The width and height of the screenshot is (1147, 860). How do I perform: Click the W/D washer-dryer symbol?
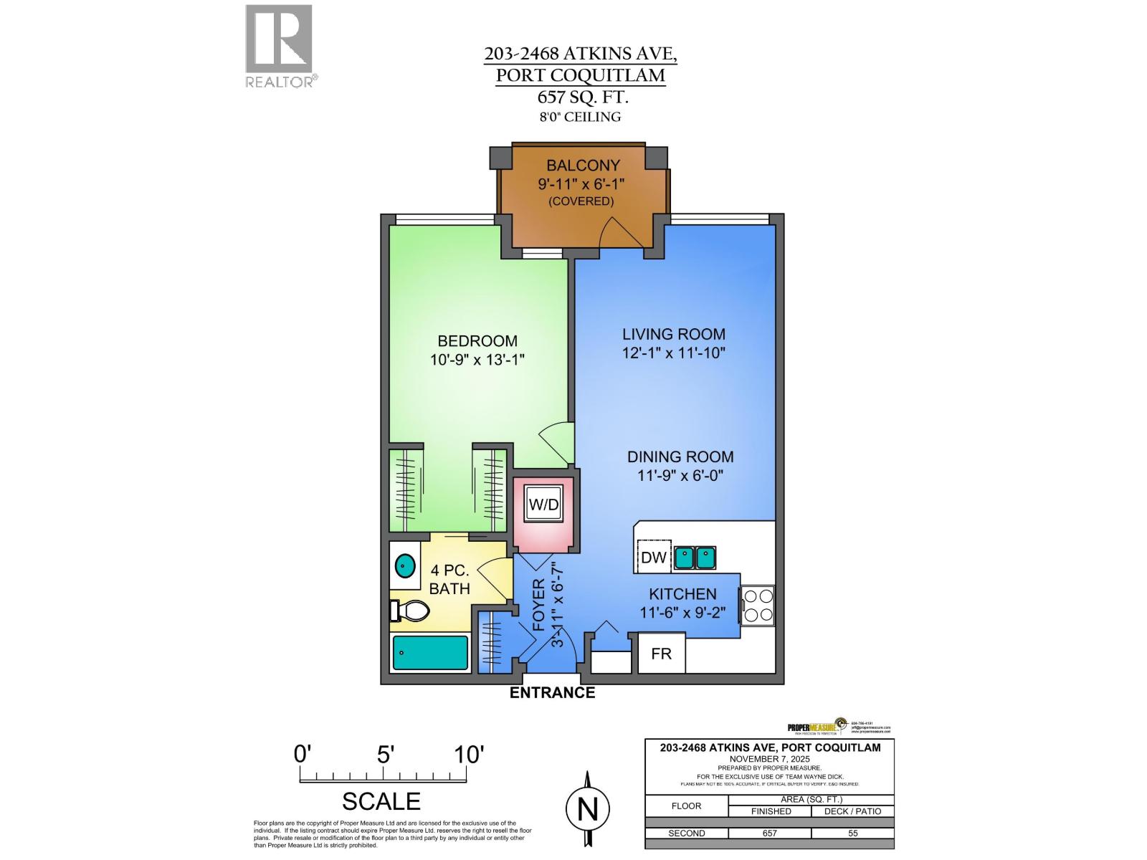(x=543, y=504)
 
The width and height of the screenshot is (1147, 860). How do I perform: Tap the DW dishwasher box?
(x=653, y=558)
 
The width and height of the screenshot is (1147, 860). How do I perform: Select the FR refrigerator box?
(x=661, y=654)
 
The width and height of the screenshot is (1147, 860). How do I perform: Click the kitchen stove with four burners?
(x=758, y=606)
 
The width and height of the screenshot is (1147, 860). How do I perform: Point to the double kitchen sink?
(x=695, y=557)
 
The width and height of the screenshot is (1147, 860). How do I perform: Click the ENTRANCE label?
(x=552, y=692)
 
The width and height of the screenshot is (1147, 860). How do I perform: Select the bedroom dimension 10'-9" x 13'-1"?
(x=477, y=360)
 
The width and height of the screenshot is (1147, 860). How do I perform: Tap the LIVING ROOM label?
(x=673, y=334)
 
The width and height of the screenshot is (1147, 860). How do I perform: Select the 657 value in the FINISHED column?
(x=769, y=833)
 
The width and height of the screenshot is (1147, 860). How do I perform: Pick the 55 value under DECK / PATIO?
(x=852, y=833)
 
